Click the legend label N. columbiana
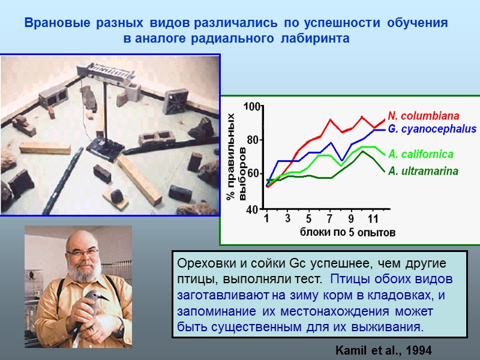(424, 115)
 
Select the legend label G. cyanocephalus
(432, 129)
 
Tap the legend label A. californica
(421, 154)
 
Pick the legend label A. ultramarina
(423, 171)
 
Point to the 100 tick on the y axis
(252, 107)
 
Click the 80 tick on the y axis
(253, 140)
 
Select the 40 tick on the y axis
(253, 209)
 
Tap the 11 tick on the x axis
(372, 218)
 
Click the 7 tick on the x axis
(329, 218)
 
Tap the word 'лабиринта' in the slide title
(319, 38)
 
